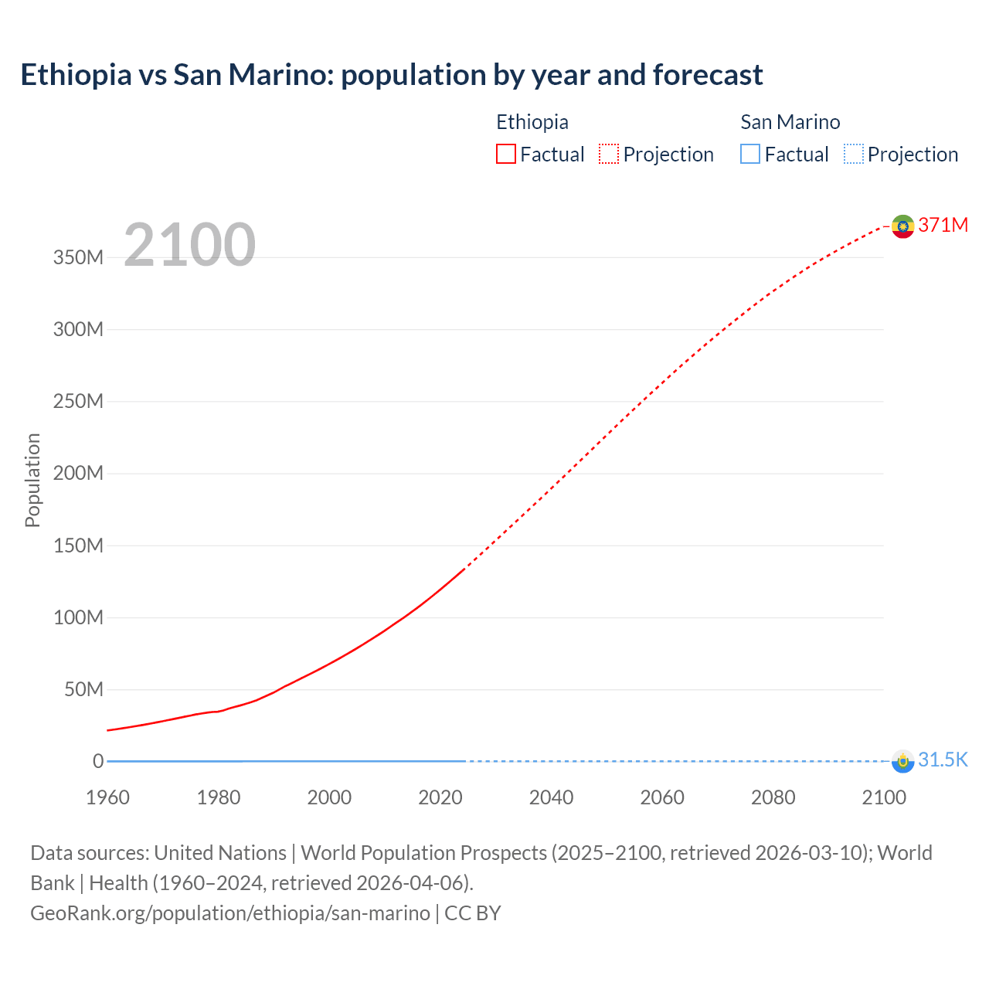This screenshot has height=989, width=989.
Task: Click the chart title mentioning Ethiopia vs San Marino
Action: click(391, 75)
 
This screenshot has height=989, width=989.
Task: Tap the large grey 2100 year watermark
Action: click(189, 245)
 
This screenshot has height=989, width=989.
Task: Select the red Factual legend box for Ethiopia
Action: click(505, 155)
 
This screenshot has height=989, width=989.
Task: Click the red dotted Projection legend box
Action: click(609, 155)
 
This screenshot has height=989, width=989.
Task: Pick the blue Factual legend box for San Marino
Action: click(749, 155)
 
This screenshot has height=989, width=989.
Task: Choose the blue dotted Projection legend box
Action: click(853, 155)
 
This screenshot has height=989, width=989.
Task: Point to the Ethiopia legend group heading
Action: click(532, 122)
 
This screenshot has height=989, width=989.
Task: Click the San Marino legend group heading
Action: click(790, 122)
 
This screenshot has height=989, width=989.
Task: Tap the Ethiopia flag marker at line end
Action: click(902, 226)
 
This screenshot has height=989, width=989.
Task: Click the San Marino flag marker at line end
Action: click(902, 760)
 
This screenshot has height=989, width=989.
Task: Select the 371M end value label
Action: click(943, 225)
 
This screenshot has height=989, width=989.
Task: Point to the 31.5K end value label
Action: click(943, 760)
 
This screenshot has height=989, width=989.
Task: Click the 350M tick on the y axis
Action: click(78, 257)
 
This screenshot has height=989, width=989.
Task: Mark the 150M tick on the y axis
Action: click(78, 545)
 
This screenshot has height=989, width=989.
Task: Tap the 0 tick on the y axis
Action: click(98, 761)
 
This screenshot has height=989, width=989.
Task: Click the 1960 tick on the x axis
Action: click(107, 797)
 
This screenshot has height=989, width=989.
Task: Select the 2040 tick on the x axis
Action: click(551, 797)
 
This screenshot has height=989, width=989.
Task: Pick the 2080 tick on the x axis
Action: click(773, 797)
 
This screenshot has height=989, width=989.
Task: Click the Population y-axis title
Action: click(32, 480)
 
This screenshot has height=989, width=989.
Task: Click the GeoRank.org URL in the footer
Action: click(229, 913)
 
